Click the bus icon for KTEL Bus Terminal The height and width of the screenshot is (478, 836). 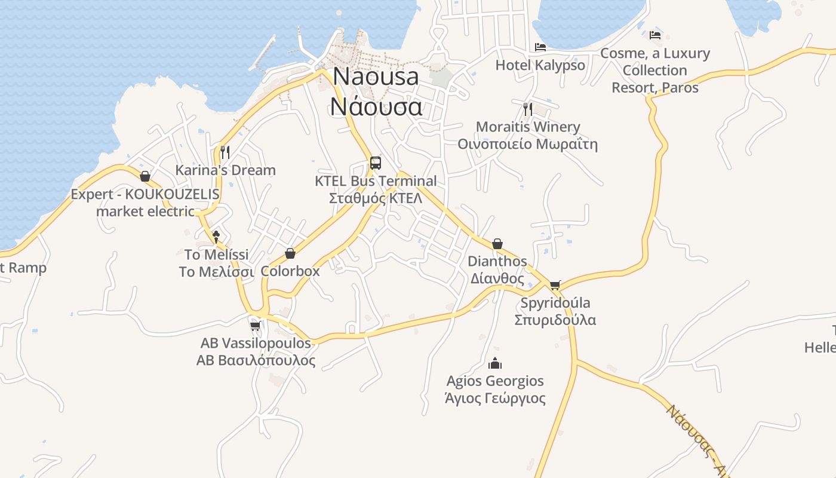pos(375,163)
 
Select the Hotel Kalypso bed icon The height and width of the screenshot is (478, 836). pos(540,47)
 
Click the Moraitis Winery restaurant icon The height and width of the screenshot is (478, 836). pos(527,109)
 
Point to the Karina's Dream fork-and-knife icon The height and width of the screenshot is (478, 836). pos(225,152)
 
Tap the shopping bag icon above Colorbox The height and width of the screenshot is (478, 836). pos(290,253)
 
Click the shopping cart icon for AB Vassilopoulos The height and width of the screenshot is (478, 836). pos(256,326)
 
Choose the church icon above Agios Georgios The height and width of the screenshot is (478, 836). pos(495,363)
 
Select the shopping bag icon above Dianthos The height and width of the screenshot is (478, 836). pos(497,244)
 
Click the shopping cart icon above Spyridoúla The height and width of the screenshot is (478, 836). pos(555,285)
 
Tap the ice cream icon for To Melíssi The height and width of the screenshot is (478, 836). pos(216,237)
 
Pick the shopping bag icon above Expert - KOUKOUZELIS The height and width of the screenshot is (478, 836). pos(145,176)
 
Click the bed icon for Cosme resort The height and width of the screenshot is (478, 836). pos(655,35)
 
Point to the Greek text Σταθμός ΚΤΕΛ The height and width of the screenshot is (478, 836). pos(376,198)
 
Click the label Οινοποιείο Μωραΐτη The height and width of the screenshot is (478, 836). pos(527,144)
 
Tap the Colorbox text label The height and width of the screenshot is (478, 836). pos(290,271)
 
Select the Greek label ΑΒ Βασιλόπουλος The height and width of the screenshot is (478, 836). pos(256,360)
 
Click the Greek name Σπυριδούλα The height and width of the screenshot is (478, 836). pos(555,320)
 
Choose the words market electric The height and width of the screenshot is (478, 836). pos(145,211)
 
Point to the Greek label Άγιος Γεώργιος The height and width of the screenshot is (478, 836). pos(495,398)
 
